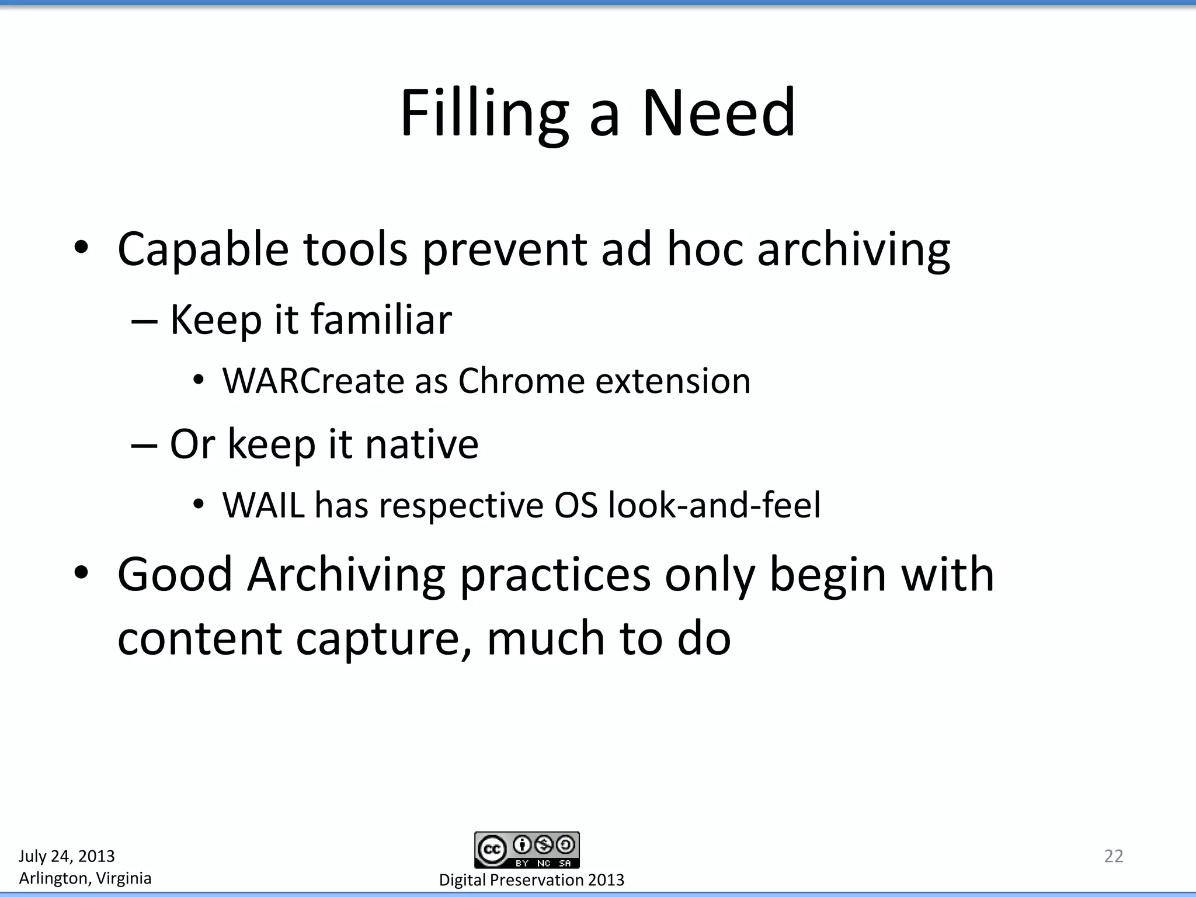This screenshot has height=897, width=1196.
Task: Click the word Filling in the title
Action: click(x=484, y=113)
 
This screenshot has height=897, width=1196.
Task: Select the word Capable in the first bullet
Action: click(x=203, y=250)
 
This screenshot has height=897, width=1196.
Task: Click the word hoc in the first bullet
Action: click(x=705, y=249)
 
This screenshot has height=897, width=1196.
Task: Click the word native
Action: click(x=421, y=444)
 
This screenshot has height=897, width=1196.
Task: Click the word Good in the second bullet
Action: click(x=175, y=575)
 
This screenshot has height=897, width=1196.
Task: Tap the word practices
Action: click(x=555, y=576)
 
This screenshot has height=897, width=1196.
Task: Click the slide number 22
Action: click(x=1113, y=856)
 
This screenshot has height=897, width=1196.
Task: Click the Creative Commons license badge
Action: click(x=527, y=850)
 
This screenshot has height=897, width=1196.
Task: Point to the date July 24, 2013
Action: click(x=67, y=856)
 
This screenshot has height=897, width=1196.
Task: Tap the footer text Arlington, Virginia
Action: click(x=85, y=878)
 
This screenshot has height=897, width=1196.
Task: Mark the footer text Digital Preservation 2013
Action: click(x=531, y=880)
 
